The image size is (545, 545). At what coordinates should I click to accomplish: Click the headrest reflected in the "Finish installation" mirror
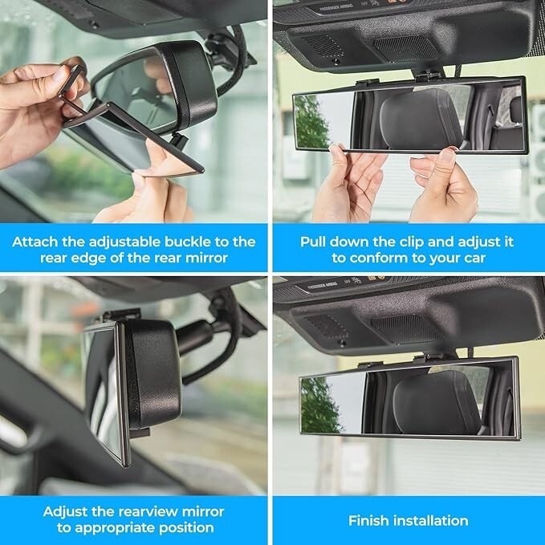[x=433, y=401]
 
